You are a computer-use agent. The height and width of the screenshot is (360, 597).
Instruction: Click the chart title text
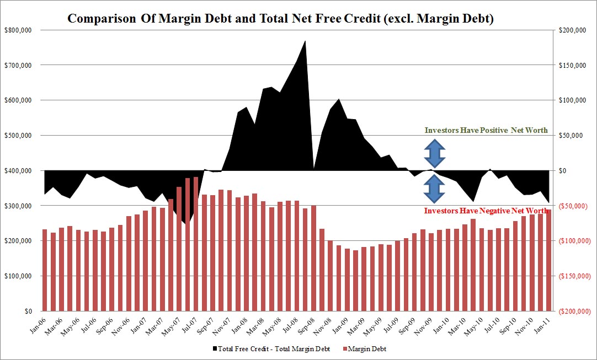280,18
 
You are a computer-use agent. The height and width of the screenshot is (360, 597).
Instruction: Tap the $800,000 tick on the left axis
18,30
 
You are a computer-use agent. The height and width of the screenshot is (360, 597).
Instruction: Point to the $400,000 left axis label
18,170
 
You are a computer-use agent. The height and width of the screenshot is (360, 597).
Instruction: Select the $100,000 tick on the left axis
18,276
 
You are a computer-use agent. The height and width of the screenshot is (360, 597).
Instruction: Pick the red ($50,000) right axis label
573,206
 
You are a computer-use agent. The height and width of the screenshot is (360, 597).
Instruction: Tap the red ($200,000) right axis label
574,311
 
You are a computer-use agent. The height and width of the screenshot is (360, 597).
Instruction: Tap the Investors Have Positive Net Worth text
486,131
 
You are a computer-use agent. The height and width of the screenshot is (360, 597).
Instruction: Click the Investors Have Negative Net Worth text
486,211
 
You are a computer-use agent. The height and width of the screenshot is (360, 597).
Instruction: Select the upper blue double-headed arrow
435,153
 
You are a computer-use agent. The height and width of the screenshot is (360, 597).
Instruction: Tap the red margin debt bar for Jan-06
45,270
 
